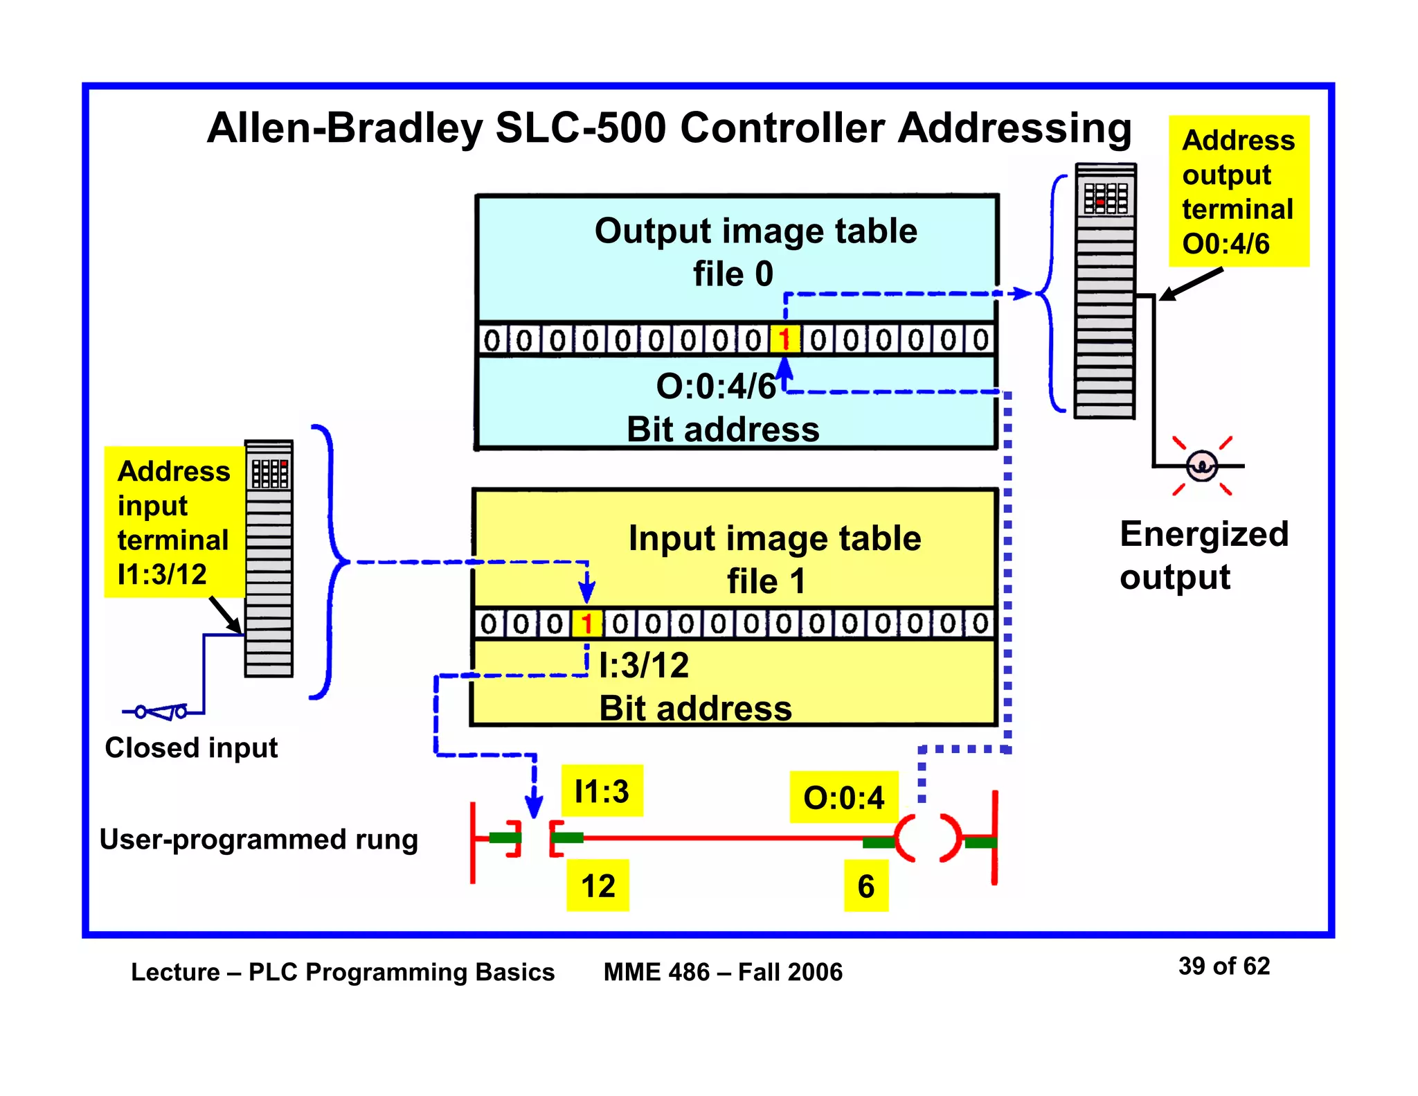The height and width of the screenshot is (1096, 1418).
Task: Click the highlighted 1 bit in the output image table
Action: [784, 340]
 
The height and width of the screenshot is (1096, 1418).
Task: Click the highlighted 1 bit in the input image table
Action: [586, 624]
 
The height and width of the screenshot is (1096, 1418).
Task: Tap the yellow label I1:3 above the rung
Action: [602, 791]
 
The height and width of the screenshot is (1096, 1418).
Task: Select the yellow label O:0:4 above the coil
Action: [843, 797]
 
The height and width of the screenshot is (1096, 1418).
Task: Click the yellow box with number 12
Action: [598, 886]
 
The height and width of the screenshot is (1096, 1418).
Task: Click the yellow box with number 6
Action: [865, 886]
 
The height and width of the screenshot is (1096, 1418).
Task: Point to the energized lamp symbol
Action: [1201, 466]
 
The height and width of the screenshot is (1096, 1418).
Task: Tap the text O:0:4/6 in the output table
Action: [715, 387]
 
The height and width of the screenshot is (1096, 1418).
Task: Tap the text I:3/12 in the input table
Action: [644, 666]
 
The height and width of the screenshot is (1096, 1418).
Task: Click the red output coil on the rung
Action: [928, 839]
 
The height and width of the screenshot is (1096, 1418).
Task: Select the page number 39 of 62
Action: [1223, 966]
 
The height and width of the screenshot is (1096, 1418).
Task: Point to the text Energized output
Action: [1203, 555]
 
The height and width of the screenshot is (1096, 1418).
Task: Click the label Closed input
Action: [191, 748]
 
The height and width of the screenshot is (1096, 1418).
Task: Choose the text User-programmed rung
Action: [258, 839]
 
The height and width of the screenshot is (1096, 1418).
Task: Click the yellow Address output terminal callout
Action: [1238, 191]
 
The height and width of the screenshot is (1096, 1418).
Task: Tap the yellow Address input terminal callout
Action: [174, 522]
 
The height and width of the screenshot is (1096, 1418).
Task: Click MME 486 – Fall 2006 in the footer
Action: [723, 972]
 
